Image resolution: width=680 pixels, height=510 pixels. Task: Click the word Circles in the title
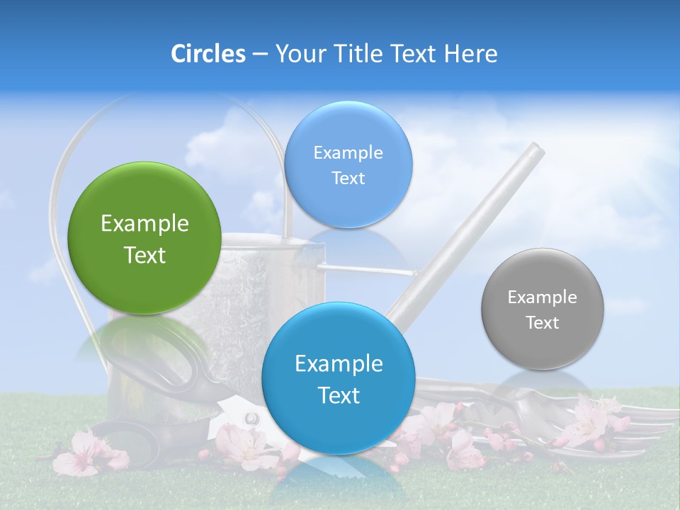pos(208,54)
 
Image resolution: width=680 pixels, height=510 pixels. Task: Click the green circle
pos(144,238)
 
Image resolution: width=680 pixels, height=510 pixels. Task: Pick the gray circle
pos(543,309)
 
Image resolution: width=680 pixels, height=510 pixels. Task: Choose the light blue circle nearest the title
pos(348,164)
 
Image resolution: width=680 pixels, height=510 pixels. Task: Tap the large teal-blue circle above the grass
pos(339,378)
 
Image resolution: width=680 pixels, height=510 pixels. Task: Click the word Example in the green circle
pos(144,223)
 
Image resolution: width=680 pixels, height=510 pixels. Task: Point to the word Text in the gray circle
pos(543,323)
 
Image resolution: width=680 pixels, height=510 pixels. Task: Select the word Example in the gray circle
pos(543,297)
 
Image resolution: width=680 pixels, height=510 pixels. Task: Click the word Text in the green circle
pos(144,255)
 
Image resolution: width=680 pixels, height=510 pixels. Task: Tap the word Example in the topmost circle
pos(348,152)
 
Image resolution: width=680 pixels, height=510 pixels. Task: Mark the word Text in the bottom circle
pos(339,395)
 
